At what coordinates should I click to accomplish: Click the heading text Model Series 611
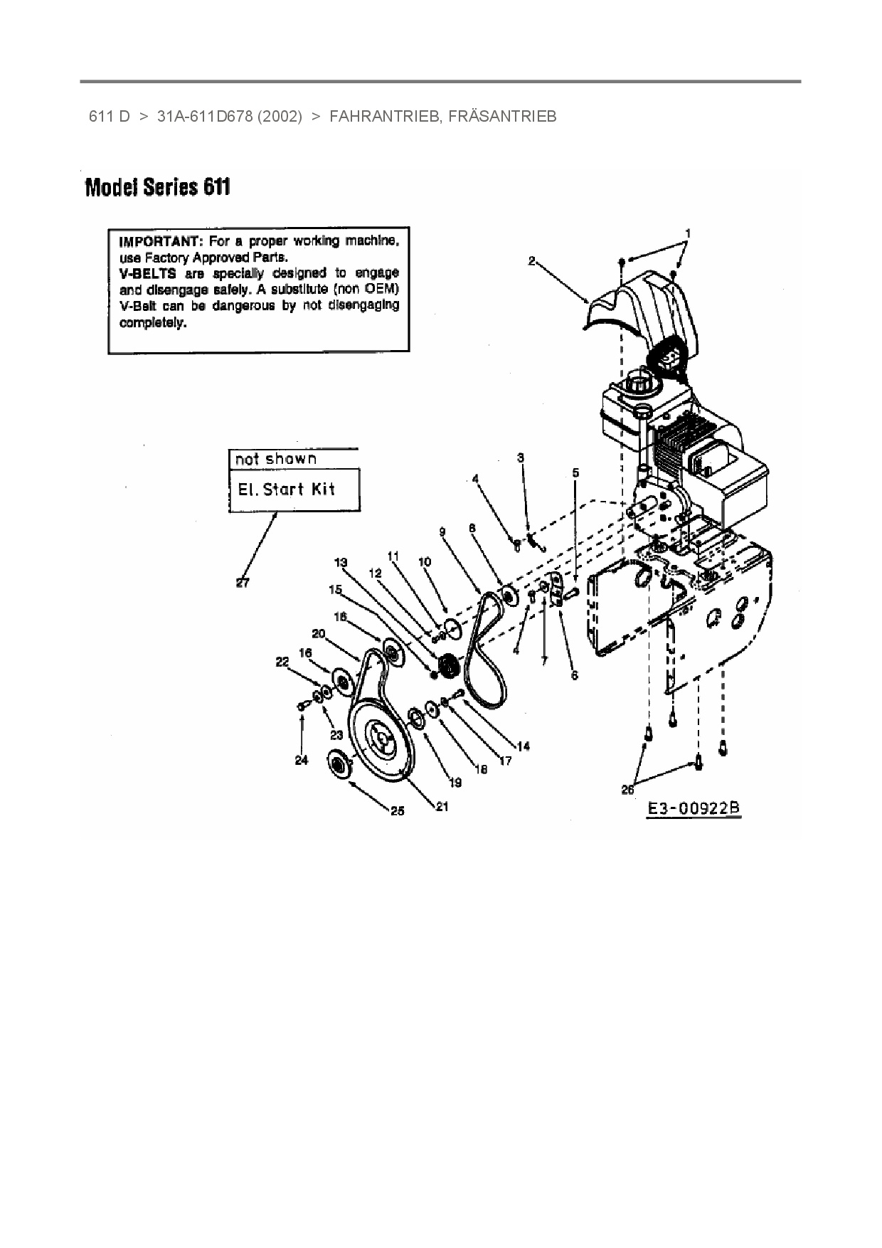point(157,188)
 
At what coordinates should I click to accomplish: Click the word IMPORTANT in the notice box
point(161,240)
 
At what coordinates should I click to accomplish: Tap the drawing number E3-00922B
point(694,809)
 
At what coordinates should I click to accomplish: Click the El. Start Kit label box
point(286,490)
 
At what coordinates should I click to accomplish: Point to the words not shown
point(275,459)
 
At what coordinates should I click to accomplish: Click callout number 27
point(243,583)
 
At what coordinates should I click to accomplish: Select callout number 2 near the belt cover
point(531,261)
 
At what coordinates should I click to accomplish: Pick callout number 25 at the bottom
point(397,810)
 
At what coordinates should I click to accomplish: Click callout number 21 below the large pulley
point(442,807)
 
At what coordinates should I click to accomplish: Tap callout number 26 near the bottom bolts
point(627,788)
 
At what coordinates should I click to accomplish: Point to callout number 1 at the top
point(688,233)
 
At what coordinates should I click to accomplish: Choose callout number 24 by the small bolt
point(302,761)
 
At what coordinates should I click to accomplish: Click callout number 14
point(523,746)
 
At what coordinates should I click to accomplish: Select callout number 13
point(341,563)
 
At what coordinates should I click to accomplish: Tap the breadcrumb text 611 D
point(109,117)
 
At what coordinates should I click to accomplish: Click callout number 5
point(575,472)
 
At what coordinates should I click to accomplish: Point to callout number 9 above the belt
point(442,532)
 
